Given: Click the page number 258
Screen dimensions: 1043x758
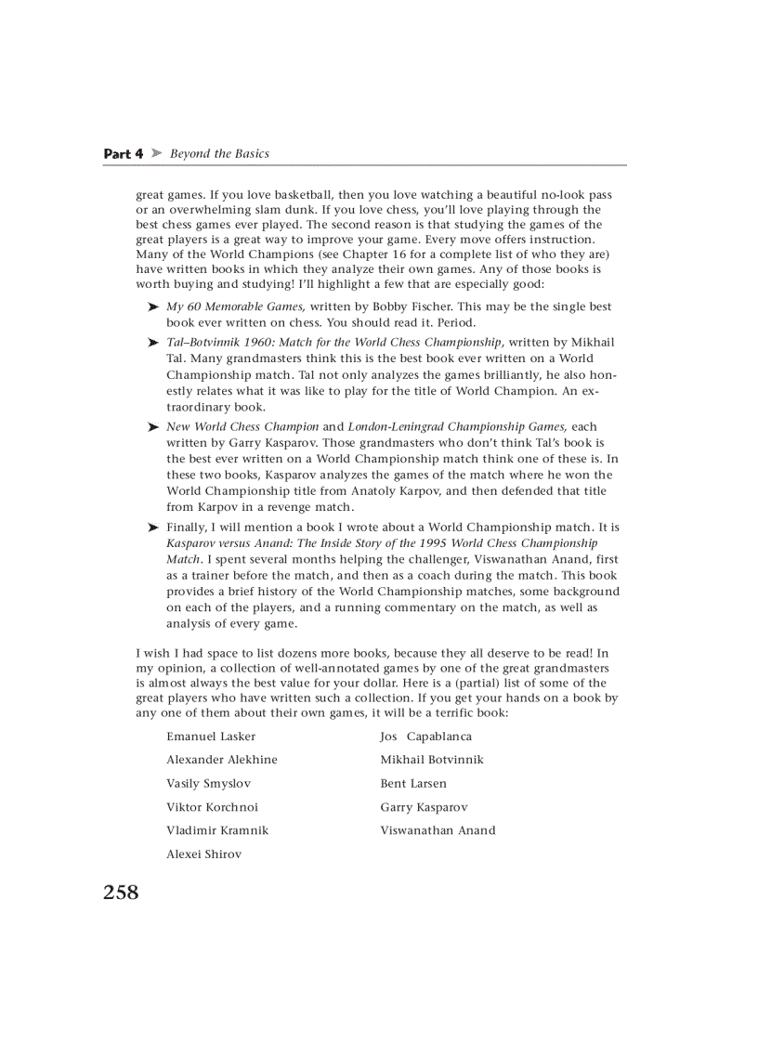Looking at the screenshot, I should coord(121,893).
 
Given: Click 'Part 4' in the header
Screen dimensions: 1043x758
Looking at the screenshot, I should coord(123,154).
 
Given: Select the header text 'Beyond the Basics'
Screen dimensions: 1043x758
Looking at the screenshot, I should coord(219,154).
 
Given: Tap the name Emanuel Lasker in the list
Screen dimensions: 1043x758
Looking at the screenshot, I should coord(211,737).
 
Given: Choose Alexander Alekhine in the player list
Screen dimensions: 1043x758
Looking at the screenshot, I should coord(221,760).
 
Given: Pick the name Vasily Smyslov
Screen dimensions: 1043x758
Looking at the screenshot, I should coord(208,784).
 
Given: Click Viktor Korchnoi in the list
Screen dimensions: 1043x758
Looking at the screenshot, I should coord(212,807).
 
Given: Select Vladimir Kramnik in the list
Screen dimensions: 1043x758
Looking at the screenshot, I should coord(217,830).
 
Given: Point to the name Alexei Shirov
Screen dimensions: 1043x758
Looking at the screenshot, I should coord(203,854).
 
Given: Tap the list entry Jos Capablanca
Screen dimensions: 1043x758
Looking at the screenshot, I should coord(425,737).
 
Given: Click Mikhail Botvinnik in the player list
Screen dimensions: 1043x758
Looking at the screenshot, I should coord(431,760).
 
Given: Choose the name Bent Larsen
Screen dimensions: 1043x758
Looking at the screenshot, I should coord(412,784).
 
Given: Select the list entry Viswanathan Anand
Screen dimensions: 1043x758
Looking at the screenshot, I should coord(438,830).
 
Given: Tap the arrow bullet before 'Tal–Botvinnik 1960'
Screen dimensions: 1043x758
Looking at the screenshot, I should coord(153,343).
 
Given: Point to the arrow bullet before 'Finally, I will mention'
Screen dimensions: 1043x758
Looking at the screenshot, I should coord(153,528).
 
